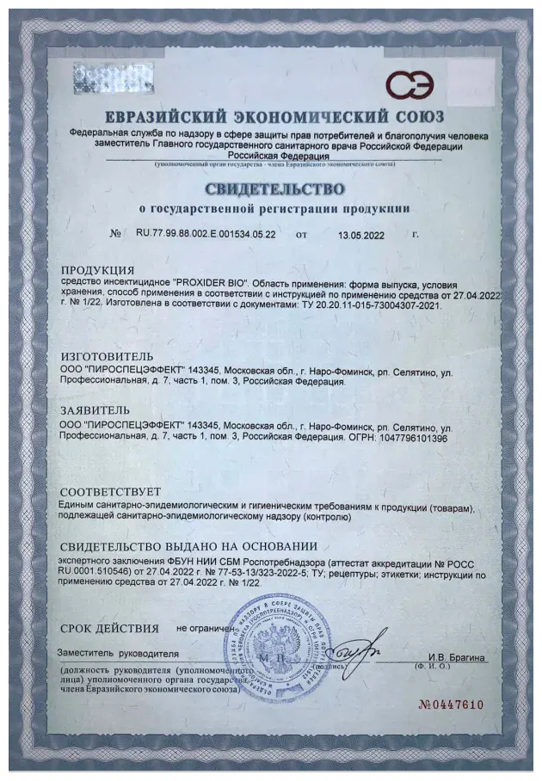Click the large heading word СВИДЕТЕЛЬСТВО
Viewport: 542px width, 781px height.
point(274,188)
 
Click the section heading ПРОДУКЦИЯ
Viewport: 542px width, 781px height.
point(97,270)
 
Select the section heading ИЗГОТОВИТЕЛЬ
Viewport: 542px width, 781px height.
point(107,356)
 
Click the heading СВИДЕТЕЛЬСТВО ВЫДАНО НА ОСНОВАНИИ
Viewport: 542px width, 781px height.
point(188,545)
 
